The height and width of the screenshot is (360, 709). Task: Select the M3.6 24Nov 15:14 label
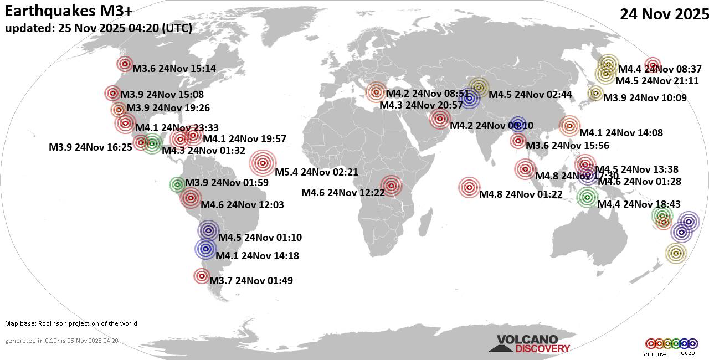click(x=174, y=69)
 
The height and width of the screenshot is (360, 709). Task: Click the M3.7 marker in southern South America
click(x=202, y=276)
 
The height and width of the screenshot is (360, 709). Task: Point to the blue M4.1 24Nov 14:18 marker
click(x=205, y=249)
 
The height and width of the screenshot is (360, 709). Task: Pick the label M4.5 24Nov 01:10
click(x=260, y=238)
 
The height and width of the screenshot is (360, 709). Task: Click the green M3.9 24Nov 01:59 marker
click(x=177, y=184)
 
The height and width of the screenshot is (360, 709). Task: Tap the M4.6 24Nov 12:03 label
click(x=242, y=205)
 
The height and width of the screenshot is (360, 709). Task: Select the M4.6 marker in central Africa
click(x=391, y=186)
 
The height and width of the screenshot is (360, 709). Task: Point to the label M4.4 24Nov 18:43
click(x=639, y=204)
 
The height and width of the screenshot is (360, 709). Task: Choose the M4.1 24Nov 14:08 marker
click(x=569, y=126)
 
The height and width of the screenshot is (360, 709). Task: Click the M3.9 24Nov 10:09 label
click(x=645, y=98)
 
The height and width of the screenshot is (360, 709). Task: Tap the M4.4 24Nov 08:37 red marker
click(x=653, y=65)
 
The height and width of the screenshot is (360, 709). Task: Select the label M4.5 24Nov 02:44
click(x=530, y=94)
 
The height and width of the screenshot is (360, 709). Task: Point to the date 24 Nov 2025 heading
click(x=664, y=14)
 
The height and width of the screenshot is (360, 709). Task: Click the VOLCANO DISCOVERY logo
click(x=529, y=344)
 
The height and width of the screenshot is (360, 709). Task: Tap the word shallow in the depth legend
click(x=654, y=354)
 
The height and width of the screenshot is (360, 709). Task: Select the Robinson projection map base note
click(x=71, y=323)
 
